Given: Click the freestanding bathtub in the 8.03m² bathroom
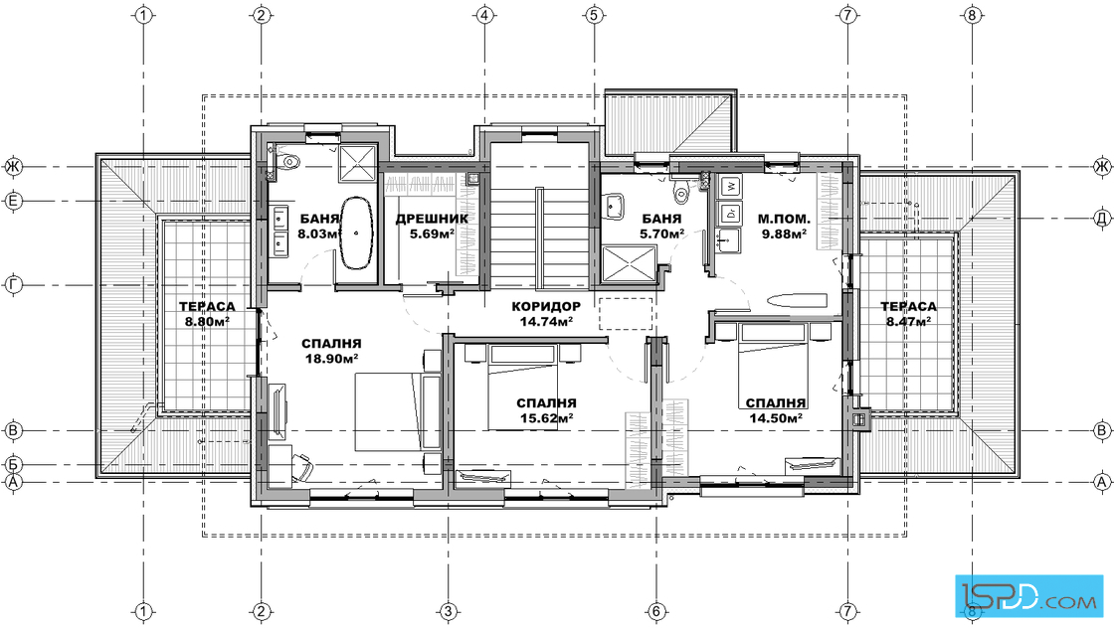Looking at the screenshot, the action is point(357,234).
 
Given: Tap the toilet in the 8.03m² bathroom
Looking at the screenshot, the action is point(289,161).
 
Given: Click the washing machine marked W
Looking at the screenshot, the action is point(730,187).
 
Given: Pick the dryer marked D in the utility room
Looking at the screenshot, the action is point(730,213).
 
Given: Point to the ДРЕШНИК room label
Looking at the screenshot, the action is point(432,219).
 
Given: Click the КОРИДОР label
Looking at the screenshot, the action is point(546,307).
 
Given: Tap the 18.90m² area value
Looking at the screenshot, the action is point(332,359).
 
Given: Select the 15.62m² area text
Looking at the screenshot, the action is point(546,418).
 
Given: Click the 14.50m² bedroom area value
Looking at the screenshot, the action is point(776,418).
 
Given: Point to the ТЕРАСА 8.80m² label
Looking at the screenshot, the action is point(207,314).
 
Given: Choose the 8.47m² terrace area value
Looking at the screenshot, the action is point(909,321).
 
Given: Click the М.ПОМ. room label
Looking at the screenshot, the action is point(784,219).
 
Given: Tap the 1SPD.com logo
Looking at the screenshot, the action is point(1028,594).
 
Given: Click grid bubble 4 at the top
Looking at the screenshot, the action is point(484,14).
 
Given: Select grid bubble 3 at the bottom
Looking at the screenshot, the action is point(447,611).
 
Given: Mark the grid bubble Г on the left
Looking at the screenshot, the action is point(14,285).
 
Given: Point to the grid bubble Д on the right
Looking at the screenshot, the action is point(1101,219).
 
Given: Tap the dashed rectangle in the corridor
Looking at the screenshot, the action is point(626,314).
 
